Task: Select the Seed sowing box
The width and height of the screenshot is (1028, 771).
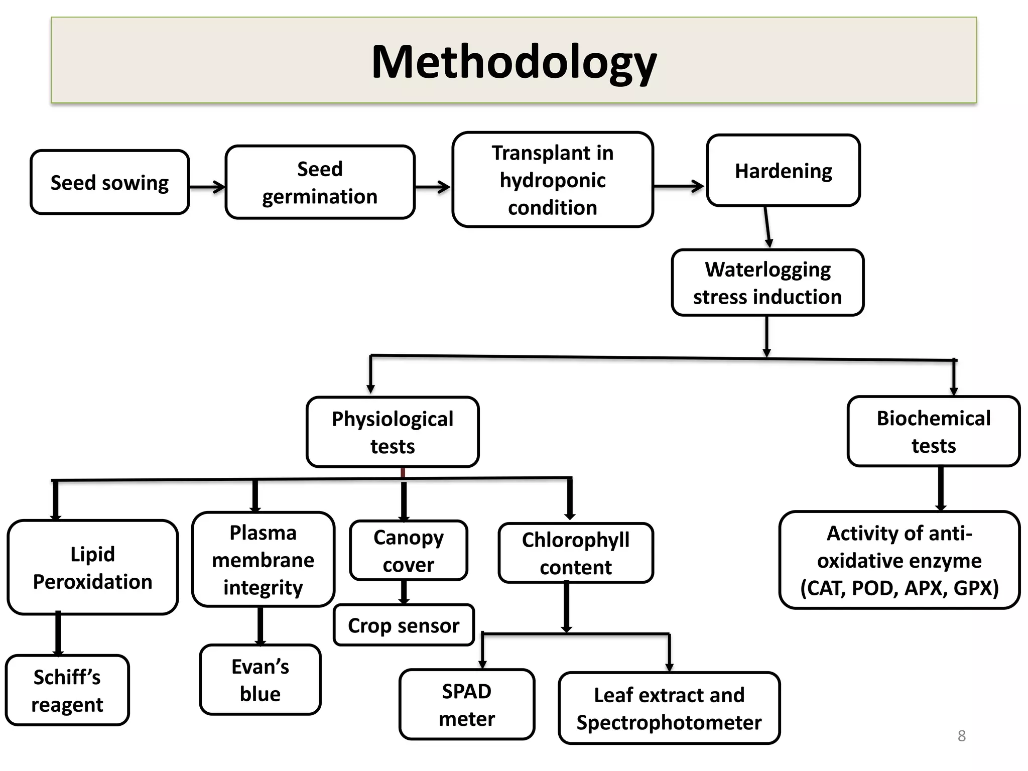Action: coord(109,182)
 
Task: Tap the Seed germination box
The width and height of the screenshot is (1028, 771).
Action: coord(320,182)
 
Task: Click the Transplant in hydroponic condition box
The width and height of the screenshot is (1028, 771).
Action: coord(552,180)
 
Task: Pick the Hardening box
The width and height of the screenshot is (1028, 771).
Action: coord(783,171)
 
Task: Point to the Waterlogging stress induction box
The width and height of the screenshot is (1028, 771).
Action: coord(767,283)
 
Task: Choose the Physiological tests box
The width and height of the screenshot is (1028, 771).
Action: coord(393,432)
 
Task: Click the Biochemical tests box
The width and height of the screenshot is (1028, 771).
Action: coord(933,431)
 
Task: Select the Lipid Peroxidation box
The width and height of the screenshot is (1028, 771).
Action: coord(92,567)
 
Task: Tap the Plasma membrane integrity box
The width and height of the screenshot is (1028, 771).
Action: coord(263,559)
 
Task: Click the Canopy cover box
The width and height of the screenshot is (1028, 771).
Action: coord(408,550)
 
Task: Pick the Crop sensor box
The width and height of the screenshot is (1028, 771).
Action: coord(404,625)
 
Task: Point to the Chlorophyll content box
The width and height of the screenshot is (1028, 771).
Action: coord(575,553)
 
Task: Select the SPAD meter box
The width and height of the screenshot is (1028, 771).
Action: coord(467,704)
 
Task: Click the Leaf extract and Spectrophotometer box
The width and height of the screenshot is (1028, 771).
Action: coord(669,708)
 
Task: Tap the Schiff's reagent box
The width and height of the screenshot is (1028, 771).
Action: coord(67,690)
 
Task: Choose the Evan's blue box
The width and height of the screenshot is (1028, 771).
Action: coord(260,680)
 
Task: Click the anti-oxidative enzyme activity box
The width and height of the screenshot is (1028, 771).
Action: coord(899,560)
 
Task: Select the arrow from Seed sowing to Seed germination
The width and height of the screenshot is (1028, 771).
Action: coord(207,187)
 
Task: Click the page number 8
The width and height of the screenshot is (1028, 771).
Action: coord(961,736)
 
